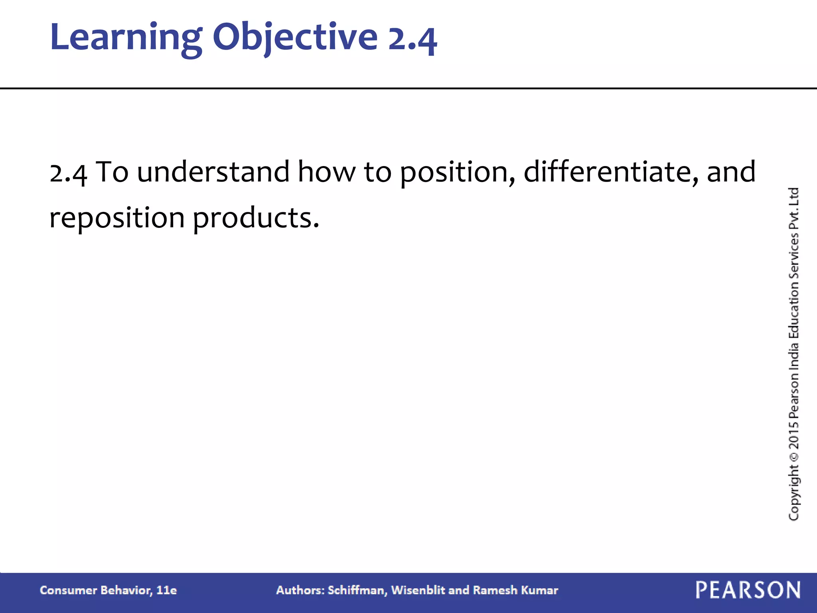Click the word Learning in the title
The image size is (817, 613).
[x=126, y=38]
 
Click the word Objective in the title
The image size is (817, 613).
[x=295, y=38]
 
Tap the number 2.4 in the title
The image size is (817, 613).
[x=412, y=40]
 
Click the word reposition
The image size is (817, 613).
[x=117, y=219]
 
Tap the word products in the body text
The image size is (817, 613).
[x=255, y=219]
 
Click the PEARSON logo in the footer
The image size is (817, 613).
[x=748, y=590]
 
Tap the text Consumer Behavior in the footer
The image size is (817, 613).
[x=95, y=590]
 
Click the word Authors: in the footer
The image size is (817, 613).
[x=300, y=590]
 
